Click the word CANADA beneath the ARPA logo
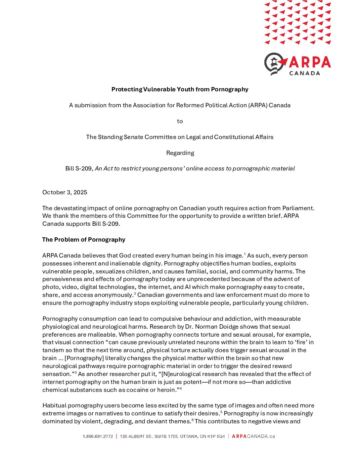coord(304,73)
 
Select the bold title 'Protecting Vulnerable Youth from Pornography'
coord(180,89)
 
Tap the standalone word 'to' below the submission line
coord(180,121)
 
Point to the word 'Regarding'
coord(180,153)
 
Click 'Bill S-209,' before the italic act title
coord(79,168)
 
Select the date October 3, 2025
coord(65,192)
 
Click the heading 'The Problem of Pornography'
coord(84,240)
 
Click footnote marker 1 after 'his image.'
coord(245,254)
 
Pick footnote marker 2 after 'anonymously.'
coord(135,293)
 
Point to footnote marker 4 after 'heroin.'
coord(181,388)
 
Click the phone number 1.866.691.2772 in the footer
coord(98,437)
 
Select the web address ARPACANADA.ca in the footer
coord(253,436)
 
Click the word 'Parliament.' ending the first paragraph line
coord(298,208)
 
